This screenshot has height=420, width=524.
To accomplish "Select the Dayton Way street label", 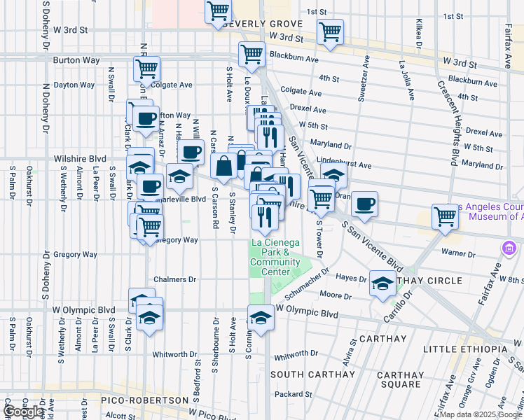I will [74, 85].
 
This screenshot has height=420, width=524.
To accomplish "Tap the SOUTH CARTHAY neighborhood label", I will [313, 374].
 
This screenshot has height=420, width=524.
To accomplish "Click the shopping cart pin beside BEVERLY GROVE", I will [219, 11].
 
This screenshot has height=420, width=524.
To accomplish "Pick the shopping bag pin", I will [223, 167].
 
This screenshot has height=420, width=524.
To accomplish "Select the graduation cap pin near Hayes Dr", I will [382, 283].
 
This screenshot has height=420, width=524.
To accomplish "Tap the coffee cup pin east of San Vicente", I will [364, 204].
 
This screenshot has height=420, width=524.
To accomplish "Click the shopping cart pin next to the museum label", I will [445, 216].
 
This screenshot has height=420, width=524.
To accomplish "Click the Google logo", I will [24, 412].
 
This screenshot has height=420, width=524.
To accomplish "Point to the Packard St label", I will [287, 394].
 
